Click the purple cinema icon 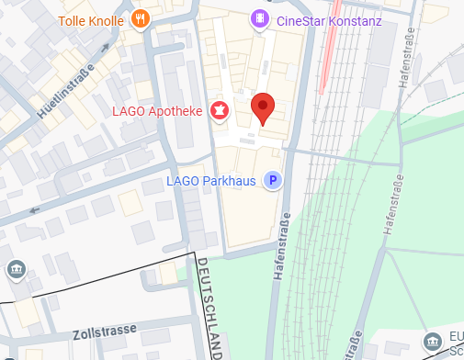(x=261, y=18)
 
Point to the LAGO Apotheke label (x=155, y=111)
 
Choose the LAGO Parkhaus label (x=210, y=180)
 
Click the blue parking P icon (x=272, y=180)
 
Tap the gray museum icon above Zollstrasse (x=17, y=269)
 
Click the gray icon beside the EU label (x=433, y=343)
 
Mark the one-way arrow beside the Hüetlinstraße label (x=36, y=210)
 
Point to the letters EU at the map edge (x=456, y=335)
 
